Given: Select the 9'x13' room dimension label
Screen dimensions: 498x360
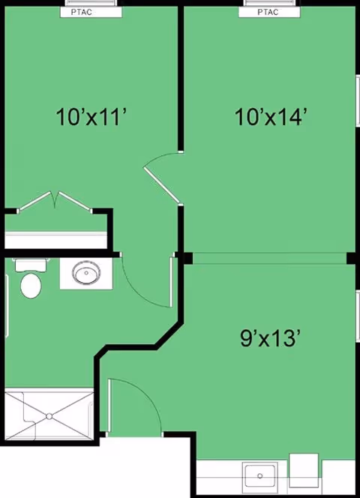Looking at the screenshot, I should coord(270,337).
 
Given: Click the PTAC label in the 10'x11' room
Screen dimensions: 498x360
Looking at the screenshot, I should coord(88,12).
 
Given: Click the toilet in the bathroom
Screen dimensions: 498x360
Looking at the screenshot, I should coord(31,283).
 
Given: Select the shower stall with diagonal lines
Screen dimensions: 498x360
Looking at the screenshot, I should coord(49,415).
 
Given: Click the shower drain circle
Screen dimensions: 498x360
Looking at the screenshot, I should coord(49,415).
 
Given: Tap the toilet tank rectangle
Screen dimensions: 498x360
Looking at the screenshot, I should coord(31,264).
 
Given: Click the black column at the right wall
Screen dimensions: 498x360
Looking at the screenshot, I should coord(351,259).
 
